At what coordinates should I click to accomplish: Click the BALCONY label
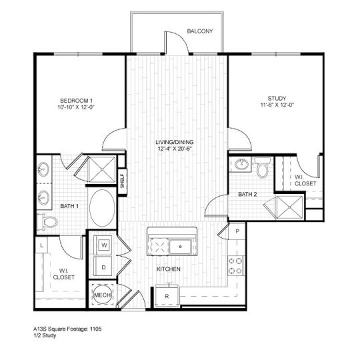(199, 31)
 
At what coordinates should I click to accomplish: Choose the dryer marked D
(105, 267)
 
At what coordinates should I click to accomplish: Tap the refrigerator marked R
(168, 295)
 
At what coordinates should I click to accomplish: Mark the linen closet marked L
(42, 247)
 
